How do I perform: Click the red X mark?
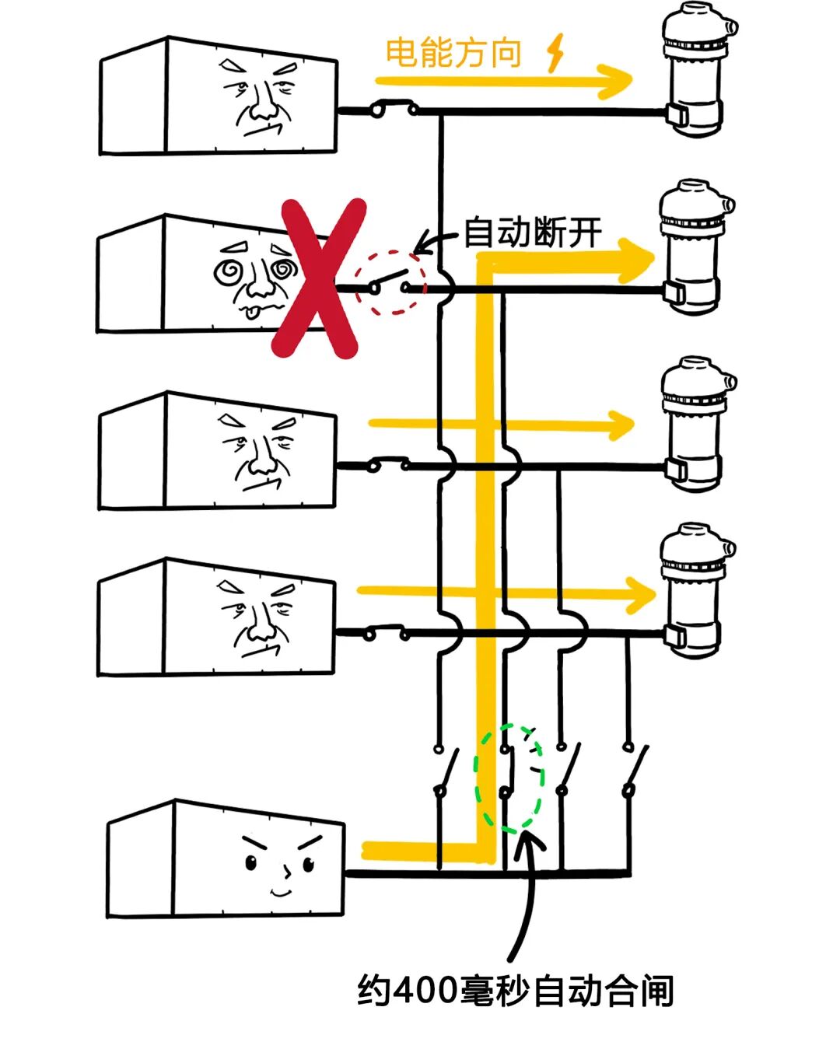point(319,278)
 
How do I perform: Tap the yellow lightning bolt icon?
point(555,53)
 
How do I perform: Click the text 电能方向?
point(453,53)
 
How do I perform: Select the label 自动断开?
point(532,233)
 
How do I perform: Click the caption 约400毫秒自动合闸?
point(515,991)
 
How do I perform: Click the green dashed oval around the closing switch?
point(510,777)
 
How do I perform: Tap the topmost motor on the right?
point(695,71)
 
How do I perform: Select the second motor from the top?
point(695,247)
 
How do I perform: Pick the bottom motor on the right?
point(695,591)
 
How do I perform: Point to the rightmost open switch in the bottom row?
point(634,770)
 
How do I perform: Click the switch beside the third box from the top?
point(388,465)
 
